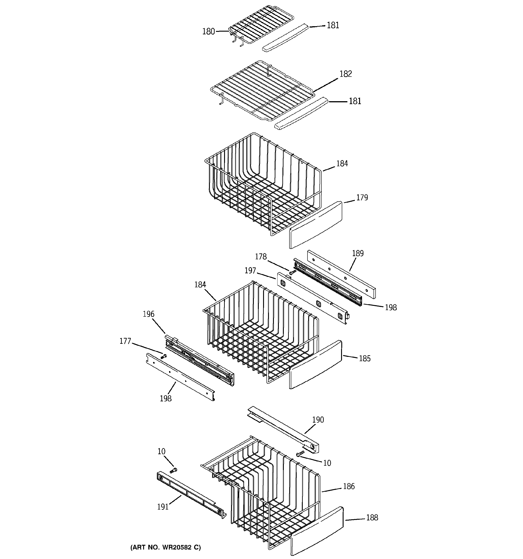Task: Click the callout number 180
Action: [x=208, y=31]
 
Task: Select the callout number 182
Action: [x=346, y=74]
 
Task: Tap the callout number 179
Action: [x=362, y=198]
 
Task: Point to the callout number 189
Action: [x=358, y=253]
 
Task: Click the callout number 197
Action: [x=250, y=271]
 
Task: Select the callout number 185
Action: [x=364, y=358]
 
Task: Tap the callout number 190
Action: [x=318, y=420]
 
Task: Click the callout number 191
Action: [x=163, y=507]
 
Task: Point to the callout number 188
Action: [x=372, y=518]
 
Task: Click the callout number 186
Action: [x=349, y=486]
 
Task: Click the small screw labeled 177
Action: [x=163, y=357]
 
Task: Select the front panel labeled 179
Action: [x=316, y=225]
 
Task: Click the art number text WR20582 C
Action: [x=166, y=547]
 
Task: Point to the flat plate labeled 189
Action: [x=341, y=274]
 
